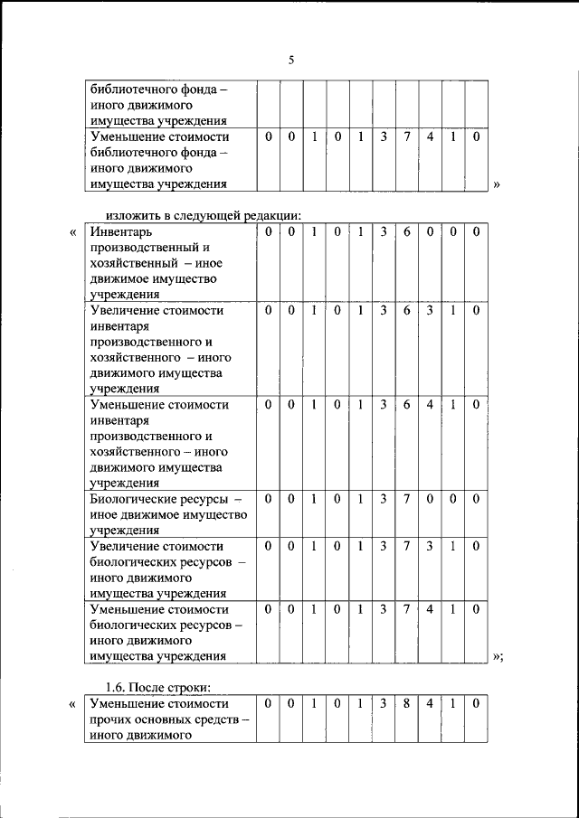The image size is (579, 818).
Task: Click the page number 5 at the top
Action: (x=290, y=61)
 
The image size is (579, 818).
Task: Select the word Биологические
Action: (x=133, y=499)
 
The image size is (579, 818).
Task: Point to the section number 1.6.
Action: (x=118, y=685)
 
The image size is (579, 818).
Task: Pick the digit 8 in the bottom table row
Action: (x=407, y=702)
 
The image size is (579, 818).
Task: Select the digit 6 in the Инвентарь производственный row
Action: (x=407, y=232)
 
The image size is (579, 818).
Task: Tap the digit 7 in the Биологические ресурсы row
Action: (x=407, y=499)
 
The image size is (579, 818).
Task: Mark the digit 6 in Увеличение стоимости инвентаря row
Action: (x=407, y=310)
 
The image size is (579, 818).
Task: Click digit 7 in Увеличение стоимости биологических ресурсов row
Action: (x=407, y=546)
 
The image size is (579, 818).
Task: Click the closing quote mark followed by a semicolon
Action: (x=498, y=657)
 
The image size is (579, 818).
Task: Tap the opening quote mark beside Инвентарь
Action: (x=72, y=232)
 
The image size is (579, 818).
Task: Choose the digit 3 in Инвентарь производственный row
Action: (x=384, y=232)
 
